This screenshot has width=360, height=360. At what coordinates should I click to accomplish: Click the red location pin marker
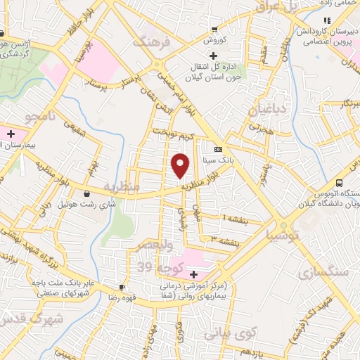pyautogui.click(x=181, y=165)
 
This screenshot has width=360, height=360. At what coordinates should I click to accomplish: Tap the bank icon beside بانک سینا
pyautogui.click(x=218, y=149)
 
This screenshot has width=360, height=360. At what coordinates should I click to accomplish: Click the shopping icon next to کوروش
pyautogui.click(x=214, y=30)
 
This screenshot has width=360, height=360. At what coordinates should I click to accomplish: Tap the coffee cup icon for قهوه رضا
pyautogui.click(x=122, y=287)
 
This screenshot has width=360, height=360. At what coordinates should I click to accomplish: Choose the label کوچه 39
pyautogui.click(x=153, y=267)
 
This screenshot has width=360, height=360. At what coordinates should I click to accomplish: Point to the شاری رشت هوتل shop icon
pyautogui.click(x=86, y=193)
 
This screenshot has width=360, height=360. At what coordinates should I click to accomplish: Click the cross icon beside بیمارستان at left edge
pyautogui.click(x=11, y=133)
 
